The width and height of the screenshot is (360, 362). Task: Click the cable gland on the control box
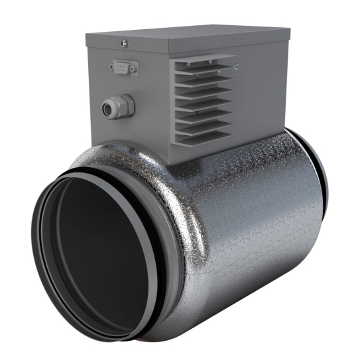coord(117,106)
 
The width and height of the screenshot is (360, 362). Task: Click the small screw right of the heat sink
coord(237,66)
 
